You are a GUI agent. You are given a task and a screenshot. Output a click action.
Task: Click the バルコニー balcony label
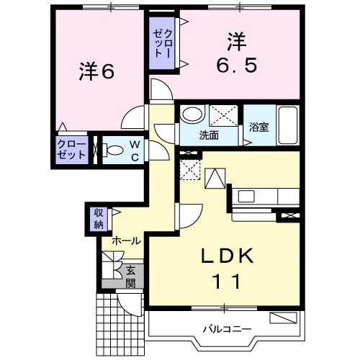click(226, 328)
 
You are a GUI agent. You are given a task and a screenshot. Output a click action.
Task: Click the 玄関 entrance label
click(131, 276)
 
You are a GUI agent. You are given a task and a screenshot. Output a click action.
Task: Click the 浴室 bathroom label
click(259, 127)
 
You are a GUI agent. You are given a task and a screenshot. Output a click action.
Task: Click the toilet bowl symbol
click(113, 150)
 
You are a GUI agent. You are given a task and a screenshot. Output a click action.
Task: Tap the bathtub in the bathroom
click(288, 126)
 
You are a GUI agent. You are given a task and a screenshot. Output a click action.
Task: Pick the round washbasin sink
click(191, 114)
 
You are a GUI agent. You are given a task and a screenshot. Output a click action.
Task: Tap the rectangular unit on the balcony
click(283, 318)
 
